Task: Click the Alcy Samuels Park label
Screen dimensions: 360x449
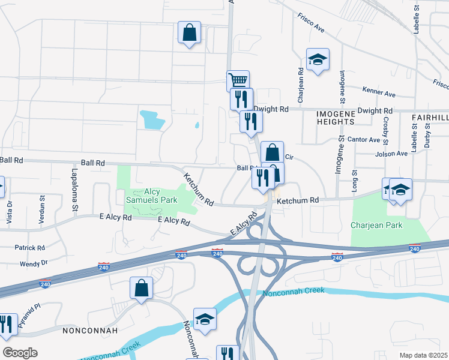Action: point(151,196)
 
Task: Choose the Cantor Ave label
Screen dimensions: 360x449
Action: point(367,140)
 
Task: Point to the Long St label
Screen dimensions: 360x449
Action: point(354,178)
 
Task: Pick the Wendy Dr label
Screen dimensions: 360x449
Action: point(33,263)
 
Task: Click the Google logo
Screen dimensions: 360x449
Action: point(20,353)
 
